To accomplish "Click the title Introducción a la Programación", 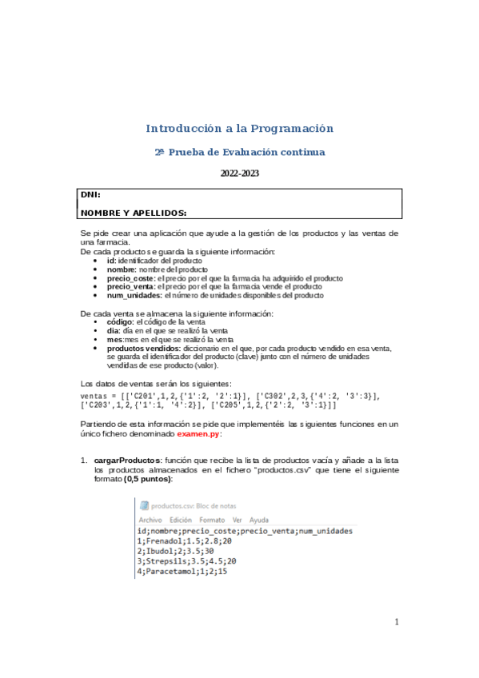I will click(x=239, y=128).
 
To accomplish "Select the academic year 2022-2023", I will click(x=239, y=173).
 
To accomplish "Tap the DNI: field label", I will click(x=90, y=195).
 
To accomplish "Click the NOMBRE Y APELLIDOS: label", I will click(x=134, y=213).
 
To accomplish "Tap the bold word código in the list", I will click(x=120, y=321).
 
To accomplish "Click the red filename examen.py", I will click(x=198, y=433).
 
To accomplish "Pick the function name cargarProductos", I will click(x=126, y=461).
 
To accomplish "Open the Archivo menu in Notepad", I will click(x=150, y=520).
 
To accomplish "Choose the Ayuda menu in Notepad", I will click(x=259, y=520).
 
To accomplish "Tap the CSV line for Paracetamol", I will click(x=182, y=572).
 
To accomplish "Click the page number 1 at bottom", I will click(x=397, y=622).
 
